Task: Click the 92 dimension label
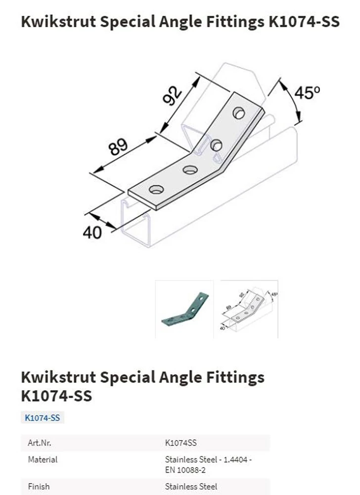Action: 173,96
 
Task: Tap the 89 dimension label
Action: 118,147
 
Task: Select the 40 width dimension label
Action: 92,233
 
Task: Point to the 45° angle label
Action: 307,93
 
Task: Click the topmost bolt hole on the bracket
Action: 239,113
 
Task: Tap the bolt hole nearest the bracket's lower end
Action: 156,190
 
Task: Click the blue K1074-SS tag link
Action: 42,418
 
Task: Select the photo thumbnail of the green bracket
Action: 184,309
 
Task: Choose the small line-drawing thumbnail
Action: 249,309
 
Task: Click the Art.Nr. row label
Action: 40,443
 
